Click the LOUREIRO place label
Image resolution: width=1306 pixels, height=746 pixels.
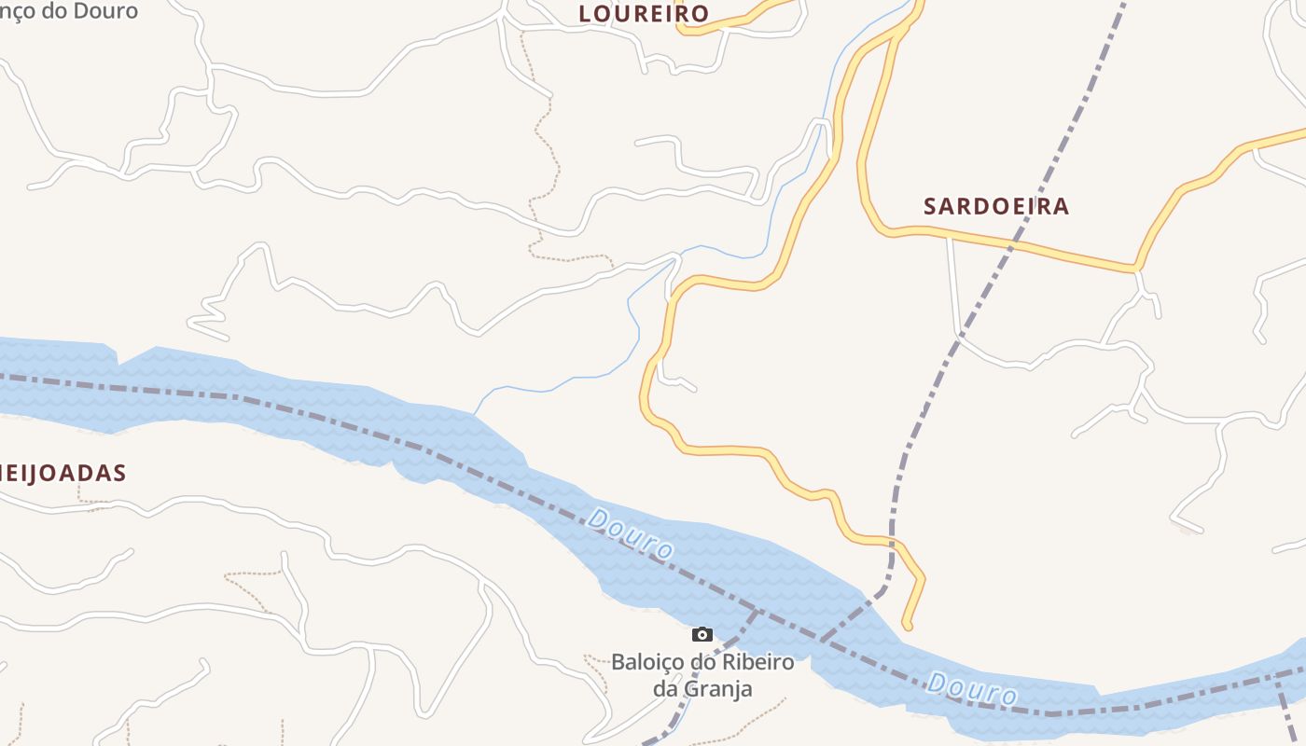click(644, 14)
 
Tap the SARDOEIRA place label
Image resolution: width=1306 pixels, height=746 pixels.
click(995, 206)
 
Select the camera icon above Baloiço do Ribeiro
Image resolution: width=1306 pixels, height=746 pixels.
click(702, 635)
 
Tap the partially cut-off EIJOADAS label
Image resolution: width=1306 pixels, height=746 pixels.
click(63, 473)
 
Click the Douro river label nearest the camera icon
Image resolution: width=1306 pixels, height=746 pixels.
click(630, 533)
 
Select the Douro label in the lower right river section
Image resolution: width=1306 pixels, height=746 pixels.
click(972, 689)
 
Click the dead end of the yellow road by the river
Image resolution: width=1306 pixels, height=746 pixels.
click(908, 626)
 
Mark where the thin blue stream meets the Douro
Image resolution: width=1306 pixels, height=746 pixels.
click(475, 414)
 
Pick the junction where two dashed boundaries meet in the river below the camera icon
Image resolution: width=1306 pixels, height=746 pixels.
click(756, 611)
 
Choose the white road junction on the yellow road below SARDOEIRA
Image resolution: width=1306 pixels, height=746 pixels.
click(950, 238)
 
